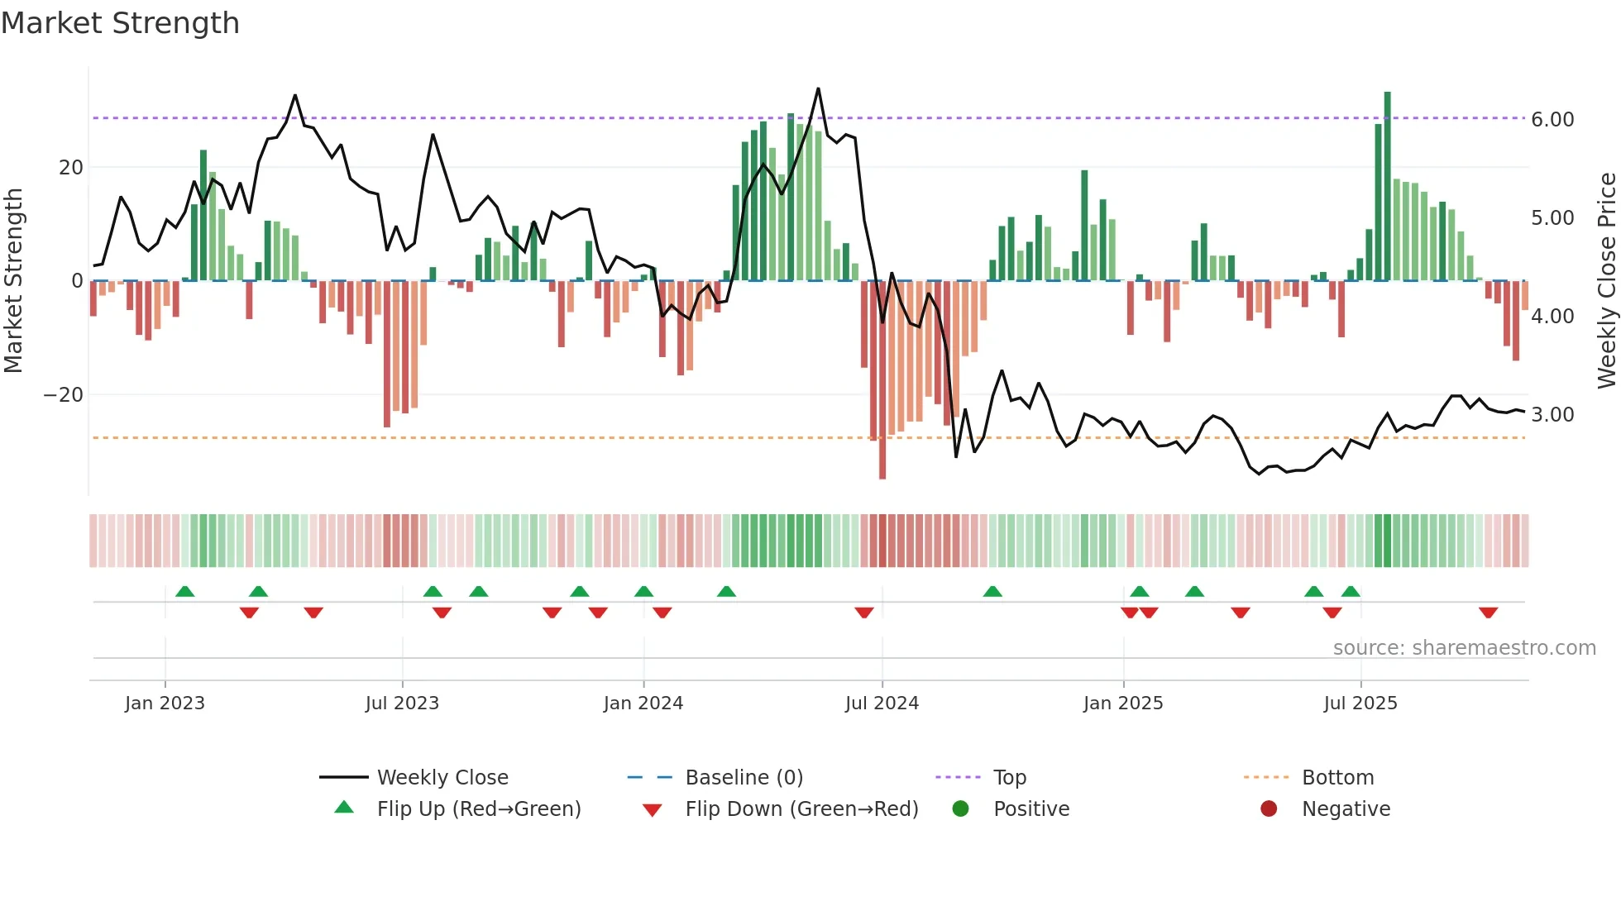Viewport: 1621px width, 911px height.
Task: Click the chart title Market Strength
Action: pyautogui.click(x=120, y=23)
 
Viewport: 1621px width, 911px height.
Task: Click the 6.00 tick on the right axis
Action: pyautogui.click(x=1552, y=120)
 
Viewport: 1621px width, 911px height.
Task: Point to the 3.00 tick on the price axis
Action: pyautogui.click(x=1552, y=415)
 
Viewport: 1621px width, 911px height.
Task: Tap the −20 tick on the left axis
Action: pyautogui.click(x=64, y=395)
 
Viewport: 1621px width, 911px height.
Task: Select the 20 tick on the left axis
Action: pyautogui.click(x=70, y=168)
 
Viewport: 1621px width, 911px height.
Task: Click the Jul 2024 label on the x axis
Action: pyautogui.click(x=882, y=704)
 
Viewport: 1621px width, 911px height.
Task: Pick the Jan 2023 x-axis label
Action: pyautogui.click(x=165, y=704)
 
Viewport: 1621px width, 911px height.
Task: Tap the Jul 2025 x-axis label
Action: pyautogui.click(x=1360, y=704)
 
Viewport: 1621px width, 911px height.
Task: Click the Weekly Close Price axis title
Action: pyautogui.click(x=1605, y=281)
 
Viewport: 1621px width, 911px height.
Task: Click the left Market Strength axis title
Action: pyautogui.click(x=13, y=281)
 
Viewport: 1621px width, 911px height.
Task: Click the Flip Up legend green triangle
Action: pyautogui.click(x=344, y=808)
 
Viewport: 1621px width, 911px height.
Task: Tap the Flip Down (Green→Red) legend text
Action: pyautogui.click(x=801, y=809)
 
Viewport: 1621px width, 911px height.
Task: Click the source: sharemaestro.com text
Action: pyautogui.click(x=1464, y=648)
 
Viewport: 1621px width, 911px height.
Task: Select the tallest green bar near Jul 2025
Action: pyautogui.click(x=1387, y=186)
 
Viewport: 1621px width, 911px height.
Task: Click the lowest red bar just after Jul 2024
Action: pyautogui.click(x=882, y=380)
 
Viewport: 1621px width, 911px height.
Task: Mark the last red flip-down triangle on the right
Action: pyautogui.click(x=1488, y=613)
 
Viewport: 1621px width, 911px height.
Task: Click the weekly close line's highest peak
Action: pyautogui.click(x=818, y=89)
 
